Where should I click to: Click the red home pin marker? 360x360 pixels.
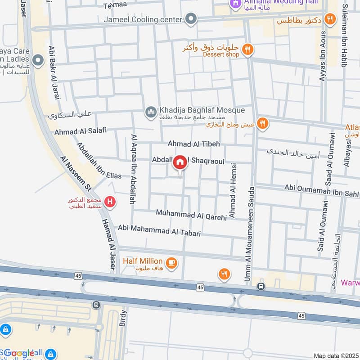[180, 163]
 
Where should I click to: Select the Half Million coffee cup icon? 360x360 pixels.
[171, 262]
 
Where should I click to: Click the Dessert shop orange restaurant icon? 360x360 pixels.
[247, 49]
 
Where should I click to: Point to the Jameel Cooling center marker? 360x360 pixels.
[192, 19]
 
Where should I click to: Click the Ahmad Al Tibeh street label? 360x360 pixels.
[194, 144]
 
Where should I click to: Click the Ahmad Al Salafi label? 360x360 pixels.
[80, 131]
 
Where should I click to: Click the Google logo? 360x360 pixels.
[19, 353]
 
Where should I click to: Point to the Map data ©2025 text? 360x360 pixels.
[335, 355]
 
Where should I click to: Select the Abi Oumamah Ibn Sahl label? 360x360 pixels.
[321, 189]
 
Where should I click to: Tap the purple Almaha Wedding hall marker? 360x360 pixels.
[234, 4]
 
